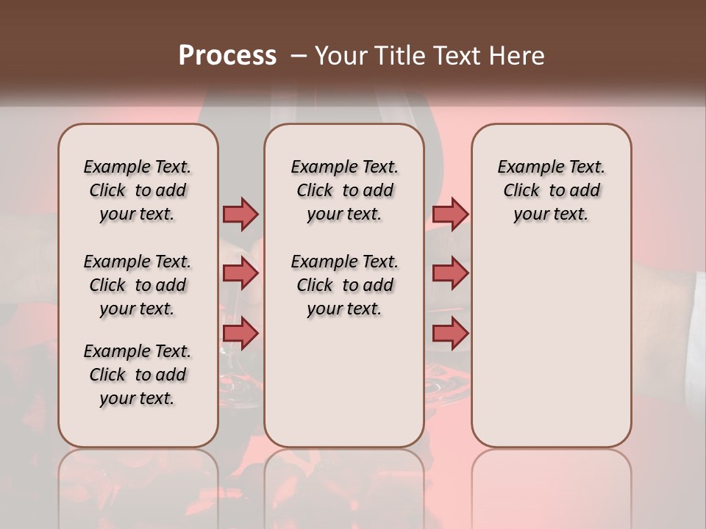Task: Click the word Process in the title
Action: tap(227, 56)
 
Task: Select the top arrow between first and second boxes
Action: tap(240, 214)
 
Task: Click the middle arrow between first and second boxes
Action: tap(240, 273)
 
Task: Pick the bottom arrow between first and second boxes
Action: tap(240, 333)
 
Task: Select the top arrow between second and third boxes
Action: tap(449, 214)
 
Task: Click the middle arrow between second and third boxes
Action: tap(449, 273)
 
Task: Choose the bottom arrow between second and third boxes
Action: tap(449, 333)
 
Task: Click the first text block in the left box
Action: tap(138, 190)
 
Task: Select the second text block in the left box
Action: tap(138, 285)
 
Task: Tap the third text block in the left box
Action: tap(138, 375)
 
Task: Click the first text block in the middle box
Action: tap(344, 190)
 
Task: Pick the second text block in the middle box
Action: tap(344, 285)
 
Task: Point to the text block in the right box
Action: tap(551, 190)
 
